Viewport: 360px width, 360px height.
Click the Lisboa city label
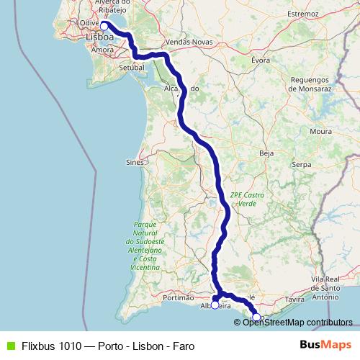click(99, 37)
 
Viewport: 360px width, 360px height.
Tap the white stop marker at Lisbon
click(104, 26)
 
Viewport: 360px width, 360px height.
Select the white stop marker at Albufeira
click(215, 305)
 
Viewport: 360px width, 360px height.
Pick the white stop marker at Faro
click(256, 317)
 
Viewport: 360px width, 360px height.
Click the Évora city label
click(261, 60)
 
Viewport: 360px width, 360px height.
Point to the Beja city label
click(267, 153)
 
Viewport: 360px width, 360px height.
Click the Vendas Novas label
click(186, 42)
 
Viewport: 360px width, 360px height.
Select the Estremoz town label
click(302, 14)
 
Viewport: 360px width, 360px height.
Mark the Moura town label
click(320, 132)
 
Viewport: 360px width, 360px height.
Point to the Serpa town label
click(300, 164)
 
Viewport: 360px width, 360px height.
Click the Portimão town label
click(179, 297)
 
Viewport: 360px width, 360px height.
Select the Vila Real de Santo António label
click(325, 287)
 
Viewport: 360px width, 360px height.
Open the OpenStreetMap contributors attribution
click(297, 323)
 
